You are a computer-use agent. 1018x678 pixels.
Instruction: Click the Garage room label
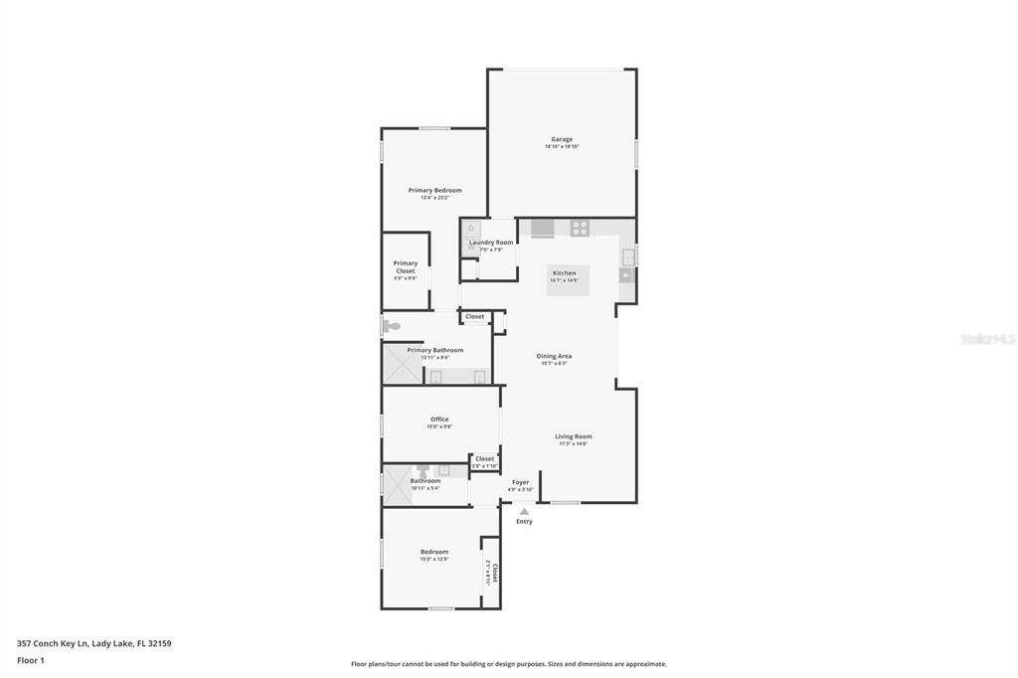click(x=562, y=139)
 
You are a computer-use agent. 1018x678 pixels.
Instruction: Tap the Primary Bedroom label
click(x=434, y=190)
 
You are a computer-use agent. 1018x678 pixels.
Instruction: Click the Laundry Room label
click(x=491, y=243)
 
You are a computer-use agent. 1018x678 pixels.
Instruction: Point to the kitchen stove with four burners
click(x=580, y=229)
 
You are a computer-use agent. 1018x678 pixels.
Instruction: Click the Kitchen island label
click(x=564, y=273)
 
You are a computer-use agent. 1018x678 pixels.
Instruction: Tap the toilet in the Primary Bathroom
click(x=391, y=326)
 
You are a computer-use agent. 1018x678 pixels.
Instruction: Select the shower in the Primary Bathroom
click(x=403, y=365)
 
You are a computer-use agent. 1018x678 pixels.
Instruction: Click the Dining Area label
click(x=554, y=356)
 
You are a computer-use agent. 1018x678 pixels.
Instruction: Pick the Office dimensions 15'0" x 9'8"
click(x=439, y=426)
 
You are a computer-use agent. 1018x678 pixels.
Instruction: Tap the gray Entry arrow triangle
click(x=524, y=512)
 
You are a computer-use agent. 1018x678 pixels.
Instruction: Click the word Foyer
click(x=521, y=482)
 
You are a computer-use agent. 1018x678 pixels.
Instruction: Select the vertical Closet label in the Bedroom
click(x=494, y=572)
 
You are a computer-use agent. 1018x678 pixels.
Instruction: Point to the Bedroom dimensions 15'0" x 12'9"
click(x=434, y=559)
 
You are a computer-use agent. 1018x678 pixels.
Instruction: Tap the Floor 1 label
click(x=31, y=660)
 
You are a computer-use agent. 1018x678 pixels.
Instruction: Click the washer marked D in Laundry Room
click(x=471, y=230)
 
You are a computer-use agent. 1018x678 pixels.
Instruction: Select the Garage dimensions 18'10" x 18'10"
click(x=562, y=146)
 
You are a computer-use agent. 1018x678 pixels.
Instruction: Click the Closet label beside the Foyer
click(x=484, y=458)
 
